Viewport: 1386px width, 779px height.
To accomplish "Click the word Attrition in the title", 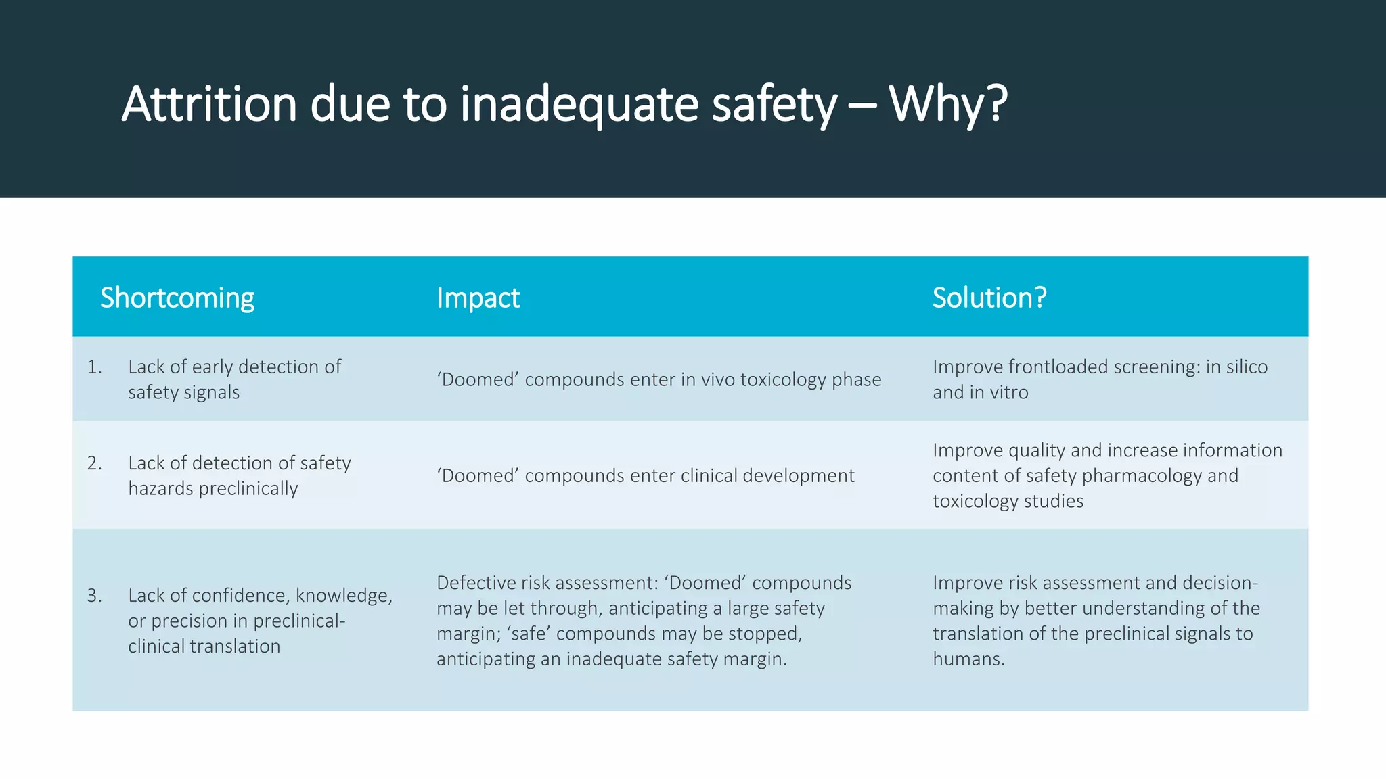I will click(x=209, y=104).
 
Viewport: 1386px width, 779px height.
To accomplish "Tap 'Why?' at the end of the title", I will click(x=948, y=104).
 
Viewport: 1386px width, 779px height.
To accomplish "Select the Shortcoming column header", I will click(x=177, y=298).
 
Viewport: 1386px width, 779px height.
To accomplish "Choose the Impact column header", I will click(x=478, y=298).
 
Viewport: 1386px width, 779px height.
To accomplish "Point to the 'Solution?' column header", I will click(x=989, y=298).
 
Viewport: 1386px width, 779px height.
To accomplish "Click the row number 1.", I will click(x=94, y=367).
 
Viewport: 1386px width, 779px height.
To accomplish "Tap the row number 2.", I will click(x=94, y=463).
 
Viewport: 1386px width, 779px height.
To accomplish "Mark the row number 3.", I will click(x=94, y=596).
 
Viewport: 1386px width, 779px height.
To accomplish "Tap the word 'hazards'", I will click(x=160, y=488).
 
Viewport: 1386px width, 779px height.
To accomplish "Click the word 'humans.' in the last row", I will click(x=968, y=659).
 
